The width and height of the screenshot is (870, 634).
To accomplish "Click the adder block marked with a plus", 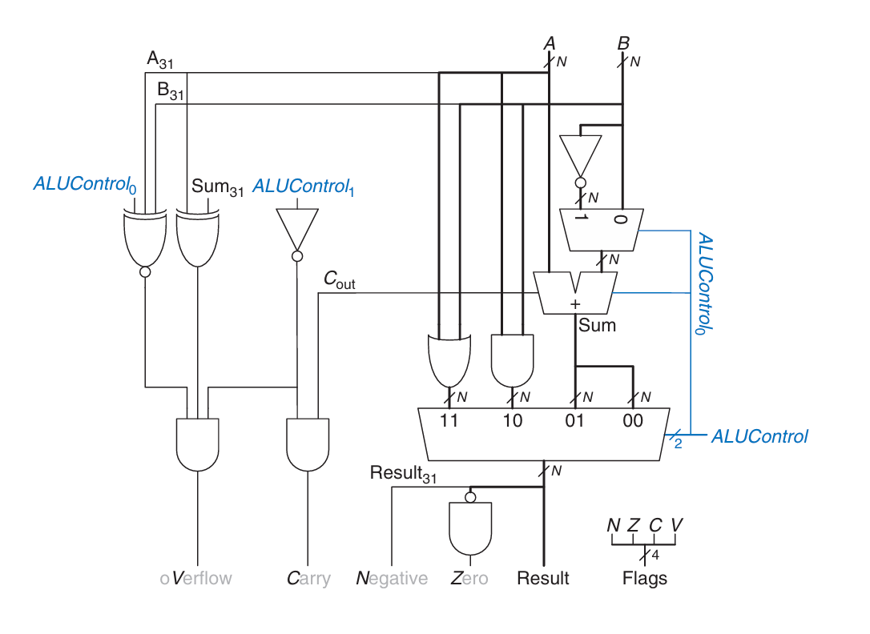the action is [575, 294].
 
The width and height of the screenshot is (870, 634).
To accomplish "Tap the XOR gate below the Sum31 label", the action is [198, 239].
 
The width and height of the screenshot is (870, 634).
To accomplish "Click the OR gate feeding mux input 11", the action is [449, 360].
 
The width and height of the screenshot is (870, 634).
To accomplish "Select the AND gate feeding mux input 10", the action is [512, 360].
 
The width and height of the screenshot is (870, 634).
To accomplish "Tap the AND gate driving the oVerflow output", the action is [198, 444].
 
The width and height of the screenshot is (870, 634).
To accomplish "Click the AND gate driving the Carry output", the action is [308, 444].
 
